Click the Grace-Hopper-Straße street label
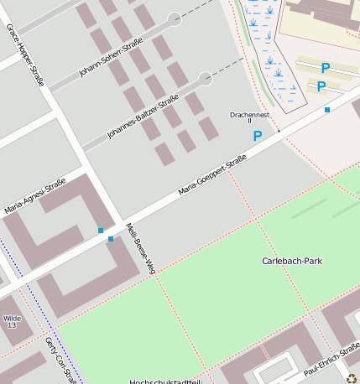pyautogui.click(x=25, y=55)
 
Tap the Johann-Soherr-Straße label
pyautogui.click(x=110, y=57)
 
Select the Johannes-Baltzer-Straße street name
pyautogui.click(x=143, y=117)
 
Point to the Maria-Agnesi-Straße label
pyautogui.click(x=34, y=196)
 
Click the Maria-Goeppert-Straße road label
pyautogui.click(x=212, y=175)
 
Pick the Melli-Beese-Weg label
pyautogui.click(x=140, y=249)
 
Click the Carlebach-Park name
pyautogui.click(x=292, y=261)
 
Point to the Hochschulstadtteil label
pyautogui.click(x=165, y=381)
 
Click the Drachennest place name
pyautogui.click(x=250, y=114)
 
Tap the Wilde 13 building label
pyautogui.click(x=12, y=321)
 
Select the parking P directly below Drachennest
pyautogui.click(x=258, y=135)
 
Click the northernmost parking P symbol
pyautogui.click(x=326, y=68)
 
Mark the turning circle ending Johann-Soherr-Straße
pyautogui.click(x=175, y=18)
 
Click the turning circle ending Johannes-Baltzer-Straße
pyautogui.click(x=205, y=79)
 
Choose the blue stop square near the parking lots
pyautogui.click(x=327, y=110)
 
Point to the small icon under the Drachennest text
pyautogui.click(x=250, y=122)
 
